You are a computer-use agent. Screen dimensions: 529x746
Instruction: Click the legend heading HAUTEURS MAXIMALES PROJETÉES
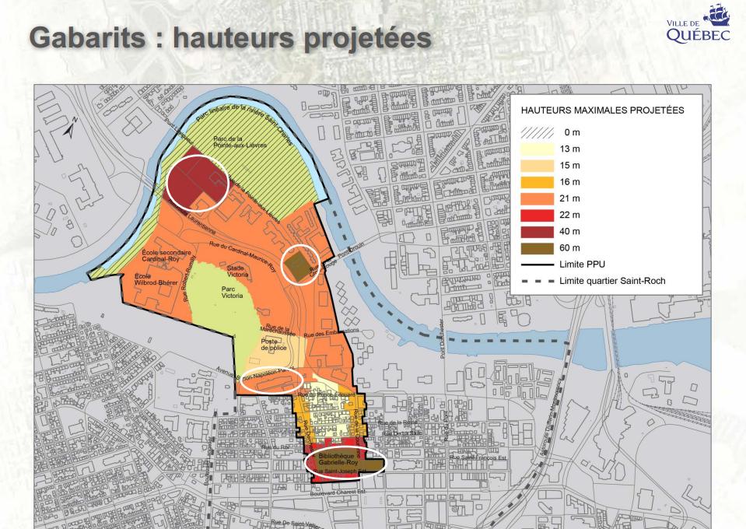tap(597, 110)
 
